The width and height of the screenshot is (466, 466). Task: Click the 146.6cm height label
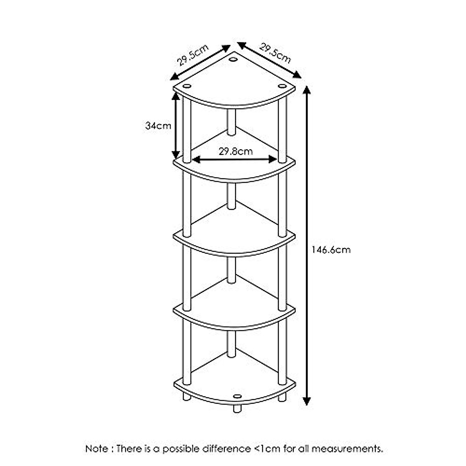[331, 250]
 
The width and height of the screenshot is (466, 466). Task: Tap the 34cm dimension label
[158, 126]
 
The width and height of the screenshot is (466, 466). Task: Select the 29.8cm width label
[235, 151]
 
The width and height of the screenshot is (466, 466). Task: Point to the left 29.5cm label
[193, 56]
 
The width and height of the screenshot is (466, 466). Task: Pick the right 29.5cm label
[275, 54]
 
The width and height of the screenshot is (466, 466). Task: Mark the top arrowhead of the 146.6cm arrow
[307, 90]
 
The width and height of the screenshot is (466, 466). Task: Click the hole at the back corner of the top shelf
[233, 59]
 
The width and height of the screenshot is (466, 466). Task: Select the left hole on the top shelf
[187, 86]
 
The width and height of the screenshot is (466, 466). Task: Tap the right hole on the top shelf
[282, 86]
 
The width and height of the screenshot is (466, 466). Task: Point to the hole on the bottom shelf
[237, 396]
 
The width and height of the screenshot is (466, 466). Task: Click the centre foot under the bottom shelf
[237, 408]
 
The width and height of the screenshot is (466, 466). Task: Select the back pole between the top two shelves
[231, 122]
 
